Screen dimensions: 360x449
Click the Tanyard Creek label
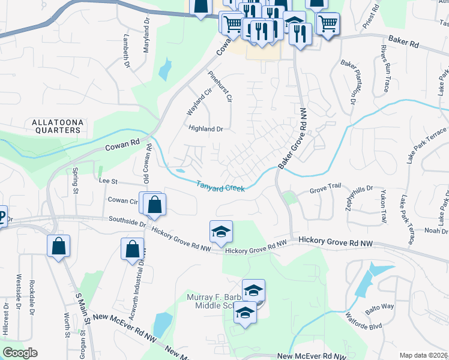(220, 187)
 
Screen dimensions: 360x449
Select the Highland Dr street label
(206, 128)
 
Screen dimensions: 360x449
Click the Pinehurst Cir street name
(220, 86)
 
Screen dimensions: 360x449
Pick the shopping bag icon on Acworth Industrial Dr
(132, 249)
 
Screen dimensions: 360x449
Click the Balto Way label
(381, 307)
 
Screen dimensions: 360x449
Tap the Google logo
(20, 353)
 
